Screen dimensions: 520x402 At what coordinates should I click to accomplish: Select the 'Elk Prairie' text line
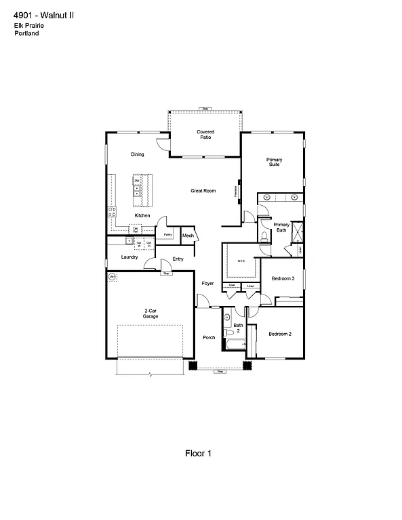pos(28,24)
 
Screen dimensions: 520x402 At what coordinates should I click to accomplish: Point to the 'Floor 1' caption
pos(198,454)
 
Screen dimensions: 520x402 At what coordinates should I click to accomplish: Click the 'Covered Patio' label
pos(205,134)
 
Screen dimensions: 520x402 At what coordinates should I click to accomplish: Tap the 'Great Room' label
pos(203,191)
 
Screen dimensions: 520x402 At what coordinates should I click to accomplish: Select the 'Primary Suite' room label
pos(274,162)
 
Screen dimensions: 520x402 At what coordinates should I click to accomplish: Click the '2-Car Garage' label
pos(151,313)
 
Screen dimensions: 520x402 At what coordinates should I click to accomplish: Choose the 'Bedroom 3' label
pos(282,278)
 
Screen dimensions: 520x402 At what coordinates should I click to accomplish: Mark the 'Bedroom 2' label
pos(279,334)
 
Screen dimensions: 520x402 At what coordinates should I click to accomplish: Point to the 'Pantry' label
pos(167,235)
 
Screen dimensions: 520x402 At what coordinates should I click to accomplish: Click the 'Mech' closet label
pos(188,235)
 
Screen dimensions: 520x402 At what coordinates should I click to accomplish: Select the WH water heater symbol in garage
pos(113,277)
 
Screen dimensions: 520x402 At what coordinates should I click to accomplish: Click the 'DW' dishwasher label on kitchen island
pos(137,181)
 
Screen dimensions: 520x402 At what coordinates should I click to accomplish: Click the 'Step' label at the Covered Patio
pos(204,108)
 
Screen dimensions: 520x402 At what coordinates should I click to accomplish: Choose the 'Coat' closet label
pos(232,285)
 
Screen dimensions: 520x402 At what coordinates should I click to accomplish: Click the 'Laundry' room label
pos(129,257)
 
